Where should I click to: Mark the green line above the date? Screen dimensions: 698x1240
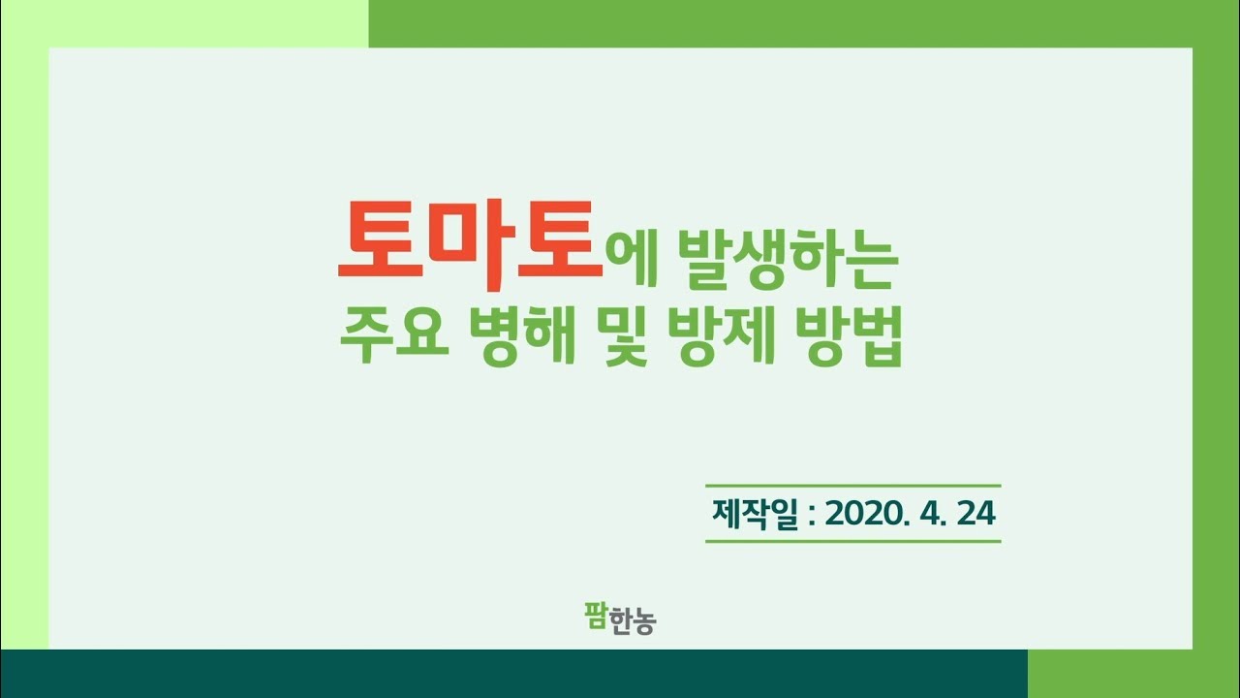852,485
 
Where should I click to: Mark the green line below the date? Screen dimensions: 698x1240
852,541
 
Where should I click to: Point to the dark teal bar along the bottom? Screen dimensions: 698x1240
513,674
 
